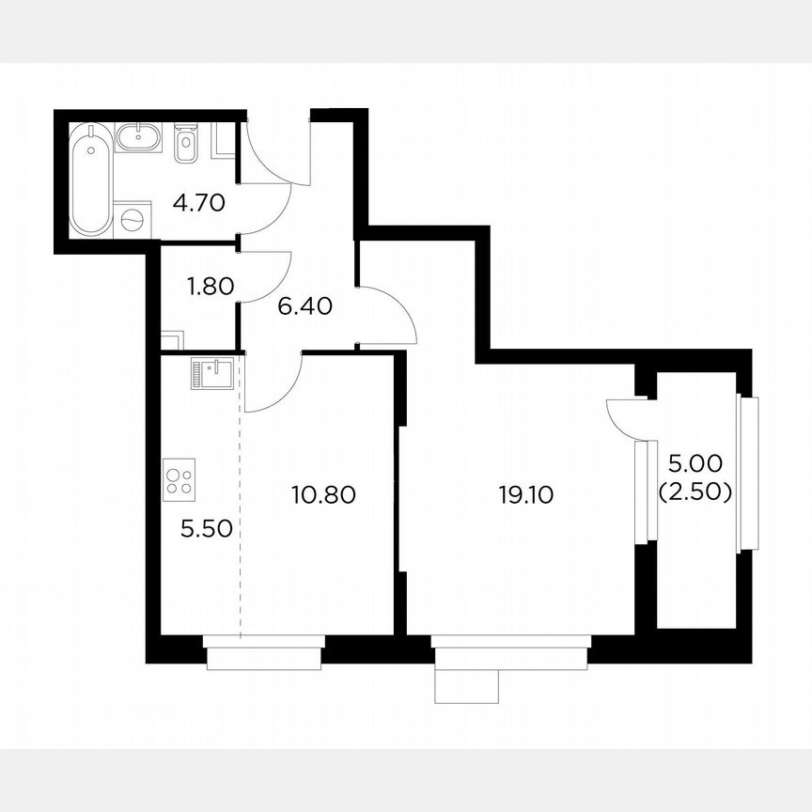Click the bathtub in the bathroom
tap(90, 179)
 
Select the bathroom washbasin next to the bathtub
tap(141, 138)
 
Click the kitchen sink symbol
tap(209, 373)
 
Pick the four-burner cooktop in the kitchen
tap(179, 478)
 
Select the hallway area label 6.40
tap(305, 306)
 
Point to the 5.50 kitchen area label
tap(205, 529)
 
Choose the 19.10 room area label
tap(526, 493)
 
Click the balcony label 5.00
tap(695, 463)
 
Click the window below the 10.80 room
tap(265, 651)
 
